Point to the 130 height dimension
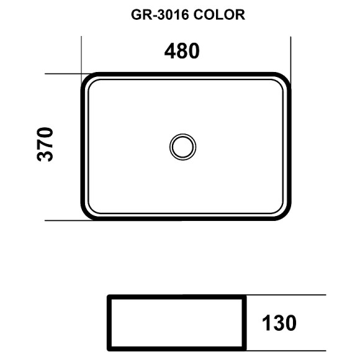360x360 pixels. click(x=278, y=323)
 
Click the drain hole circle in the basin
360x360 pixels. click(x=183, y=146)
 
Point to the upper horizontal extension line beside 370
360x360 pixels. click(x=62, y=74)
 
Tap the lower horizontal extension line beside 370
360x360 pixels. click(x=62, y=220)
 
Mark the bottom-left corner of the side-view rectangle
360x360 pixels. click(x=109, y=351)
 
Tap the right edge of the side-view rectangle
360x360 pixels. click(x=245, y=323)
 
